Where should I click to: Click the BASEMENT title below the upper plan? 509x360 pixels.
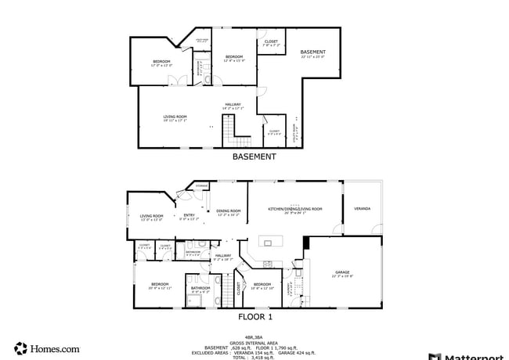(254, 157)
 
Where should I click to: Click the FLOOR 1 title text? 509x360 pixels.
(255, 317)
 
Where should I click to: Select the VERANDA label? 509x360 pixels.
(362, 209)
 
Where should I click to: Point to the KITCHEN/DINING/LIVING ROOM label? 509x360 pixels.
(295, 209)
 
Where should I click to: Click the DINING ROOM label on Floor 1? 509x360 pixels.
(228, 211)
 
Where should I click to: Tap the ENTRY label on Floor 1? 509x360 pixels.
(189, 216)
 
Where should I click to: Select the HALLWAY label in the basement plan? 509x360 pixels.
(233, 104)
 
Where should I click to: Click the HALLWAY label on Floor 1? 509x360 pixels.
(224, 256)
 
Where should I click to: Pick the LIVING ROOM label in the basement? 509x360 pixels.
(175, 117)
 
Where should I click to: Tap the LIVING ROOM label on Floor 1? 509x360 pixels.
(151, 217)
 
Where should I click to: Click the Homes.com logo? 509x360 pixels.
(47, 348)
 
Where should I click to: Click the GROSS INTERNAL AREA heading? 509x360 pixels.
(254, 342)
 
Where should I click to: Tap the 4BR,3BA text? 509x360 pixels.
(254, 337)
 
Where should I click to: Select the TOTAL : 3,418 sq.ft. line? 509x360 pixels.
(254, 357)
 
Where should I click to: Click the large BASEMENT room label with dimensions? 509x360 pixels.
(313, 54)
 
